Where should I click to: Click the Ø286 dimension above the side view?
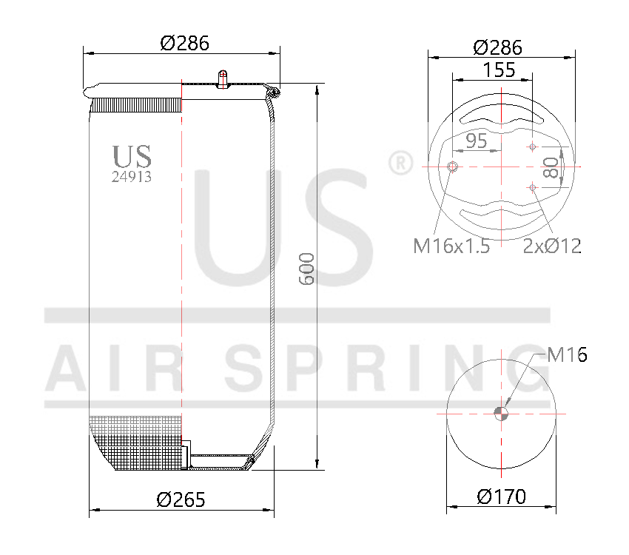184,43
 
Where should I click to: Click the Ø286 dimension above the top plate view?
497,47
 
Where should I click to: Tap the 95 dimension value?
477,141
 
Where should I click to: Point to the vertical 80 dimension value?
550,167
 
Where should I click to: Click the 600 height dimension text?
308,269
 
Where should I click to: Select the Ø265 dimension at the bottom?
181,499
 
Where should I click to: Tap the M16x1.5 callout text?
451,246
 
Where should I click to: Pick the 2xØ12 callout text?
552,246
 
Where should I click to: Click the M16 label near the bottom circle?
568,355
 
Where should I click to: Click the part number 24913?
132,177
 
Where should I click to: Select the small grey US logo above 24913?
132,156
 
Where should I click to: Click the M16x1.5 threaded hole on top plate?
453,166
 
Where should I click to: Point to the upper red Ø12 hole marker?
531,147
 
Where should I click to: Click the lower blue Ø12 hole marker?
532,187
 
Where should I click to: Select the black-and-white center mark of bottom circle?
502,413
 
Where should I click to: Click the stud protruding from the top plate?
222,78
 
